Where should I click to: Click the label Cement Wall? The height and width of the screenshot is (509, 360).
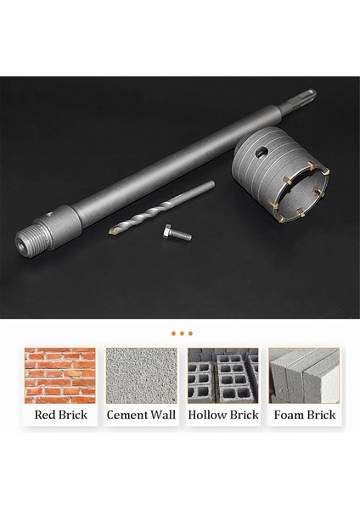click(x=141, y=416)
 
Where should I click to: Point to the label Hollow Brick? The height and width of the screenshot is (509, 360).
click(x=222, y=416)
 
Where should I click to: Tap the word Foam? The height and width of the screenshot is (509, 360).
click(x=286, y=416)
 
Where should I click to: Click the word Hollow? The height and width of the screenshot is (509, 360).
click(x=206, y=416)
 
